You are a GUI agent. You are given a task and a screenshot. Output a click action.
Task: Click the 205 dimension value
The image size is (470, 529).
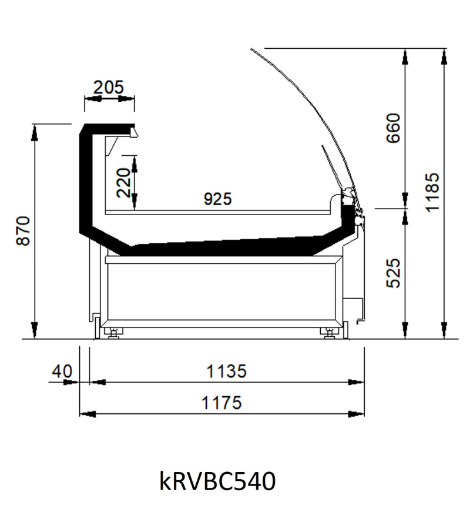(108, 88)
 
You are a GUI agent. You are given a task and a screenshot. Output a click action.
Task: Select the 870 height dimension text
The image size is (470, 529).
(23, 231)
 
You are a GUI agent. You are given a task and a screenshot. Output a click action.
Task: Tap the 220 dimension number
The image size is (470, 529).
(123, 183)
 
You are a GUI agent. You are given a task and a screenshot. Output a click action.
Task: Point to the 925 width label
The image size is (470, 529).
(218, 199)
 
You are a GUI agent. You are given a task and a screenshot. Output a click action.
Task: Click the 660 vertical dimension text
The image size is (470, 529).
(393, 128)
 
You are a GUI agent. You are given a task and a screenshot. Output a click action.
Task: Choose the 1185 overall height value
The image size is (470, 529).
(432, 193)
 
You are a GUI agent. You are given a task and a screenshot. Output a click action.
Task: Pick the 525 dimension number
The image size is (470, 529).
(393, 273)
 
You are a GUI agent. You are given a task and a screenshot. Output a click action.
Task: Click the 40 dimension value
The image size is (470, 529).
(62, 371)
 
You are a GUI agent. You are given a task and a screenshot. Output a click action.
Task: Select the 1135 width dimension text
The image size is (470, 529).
(226, 371)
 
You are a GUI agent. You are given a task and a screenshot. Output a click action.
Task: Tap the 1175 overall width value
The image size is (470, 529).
(221, 403)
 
